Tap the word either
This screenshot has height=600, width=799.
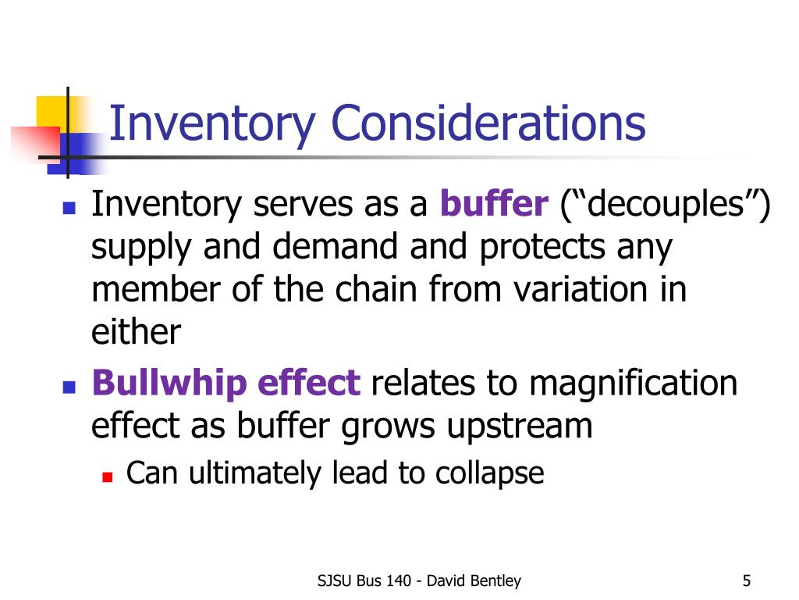(136, 334)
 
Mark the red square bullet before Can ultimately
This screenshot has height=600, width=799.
(108, 475)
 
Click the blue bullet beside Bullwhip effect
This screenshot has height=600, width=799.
(68, 386)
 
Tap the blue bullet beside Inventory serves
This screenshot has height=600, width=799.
(68, 208)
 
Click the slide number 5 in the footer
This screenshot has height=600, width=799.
(747, 580)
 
